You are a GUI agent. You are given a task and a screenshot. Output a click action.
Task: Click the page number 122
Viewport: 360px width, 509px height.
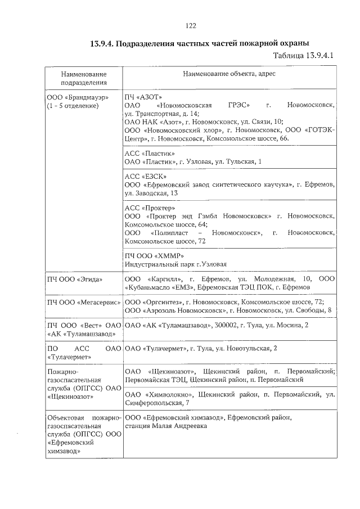(x=190, y=25)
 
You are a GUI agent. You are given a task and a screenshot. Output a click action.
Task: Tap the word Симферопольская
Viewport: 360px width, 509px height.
(x=153, y=403)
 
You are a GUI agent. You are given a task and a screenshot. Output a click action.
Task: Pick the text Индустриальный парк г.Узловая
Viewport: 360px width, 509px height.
(x=175, y=264)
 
